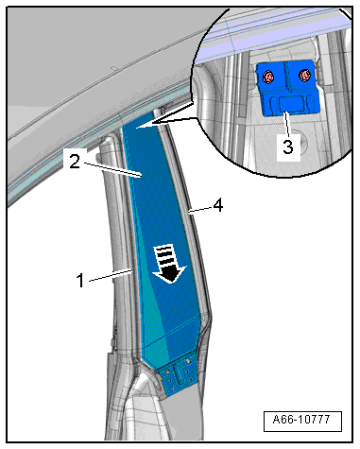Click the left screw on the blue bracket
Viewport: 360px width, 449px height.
(268, 75)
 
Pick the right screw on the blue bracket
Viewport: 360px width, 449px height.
(304, 75)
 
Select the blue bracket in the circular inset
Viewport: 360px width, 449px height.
(285, 89)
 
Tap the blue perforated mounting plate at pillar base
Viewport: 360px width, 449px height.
(178, 375)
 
